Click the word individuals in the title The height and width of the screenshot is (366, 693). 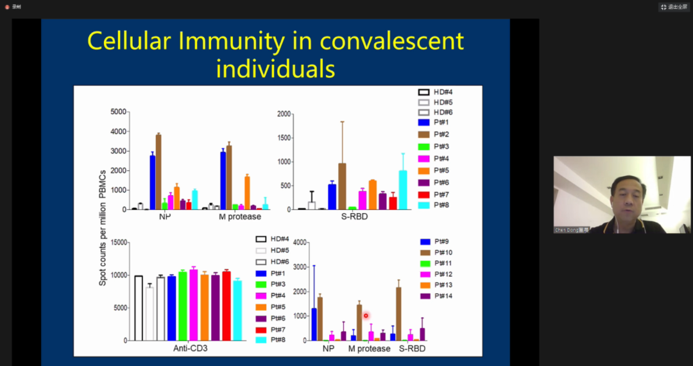coord(275,68)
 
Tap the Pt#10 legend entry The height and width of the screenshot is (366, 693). coord(443,252)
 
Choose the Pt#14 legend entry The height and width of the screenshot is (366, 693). coord(443,296)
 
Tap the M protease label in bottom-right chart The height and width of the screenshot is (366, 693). coord(369,349)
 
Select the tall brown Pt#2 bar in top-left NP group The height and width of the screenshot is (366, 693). coord(158,172)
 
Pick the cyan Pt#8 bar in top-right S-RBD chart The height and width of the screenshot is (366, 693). coord(403,190)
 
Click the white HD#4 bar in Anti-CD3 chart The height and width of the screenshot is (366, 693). coord(139,308)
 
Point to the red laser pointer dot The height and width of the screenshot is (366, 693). coord(366,315)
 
